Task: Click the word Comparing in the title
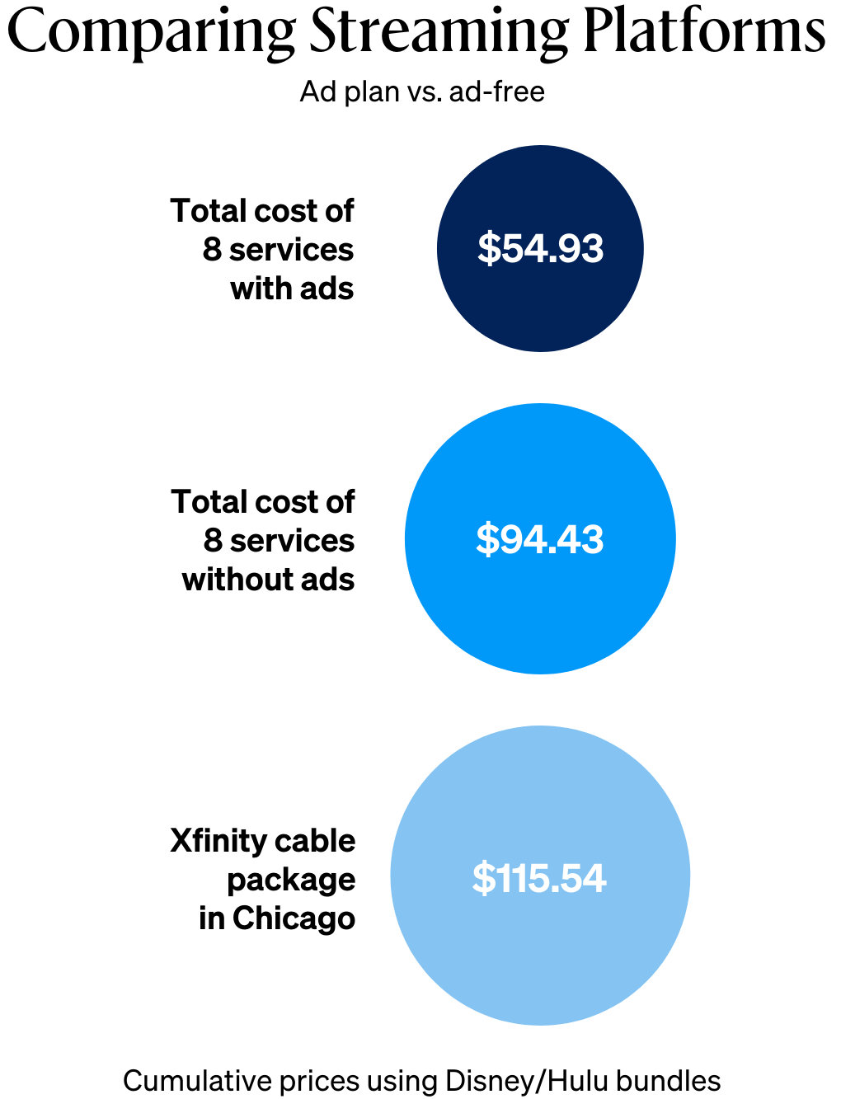click(x=151, y=33)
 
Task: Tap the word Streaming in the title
click(x=439, y=33)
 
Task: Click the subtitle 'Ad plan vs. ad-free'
click(x=421, y=92)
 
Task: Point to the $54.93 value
click(x=540, y=248)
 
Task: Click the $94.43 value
click(x=540, y=539)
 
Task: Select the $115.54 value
click(x=539, y=878)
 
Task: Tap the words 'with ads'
click(x=292, y=289)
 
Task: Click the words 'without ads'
click(x=268, y=580)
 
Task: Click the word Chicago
click(x=294, y=918)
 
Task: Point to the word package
click(x=291, y=881)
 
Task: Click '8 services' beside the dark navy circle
click(x=278, y=250)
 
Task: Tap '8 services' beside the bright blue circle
click(x=279, y=541)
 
